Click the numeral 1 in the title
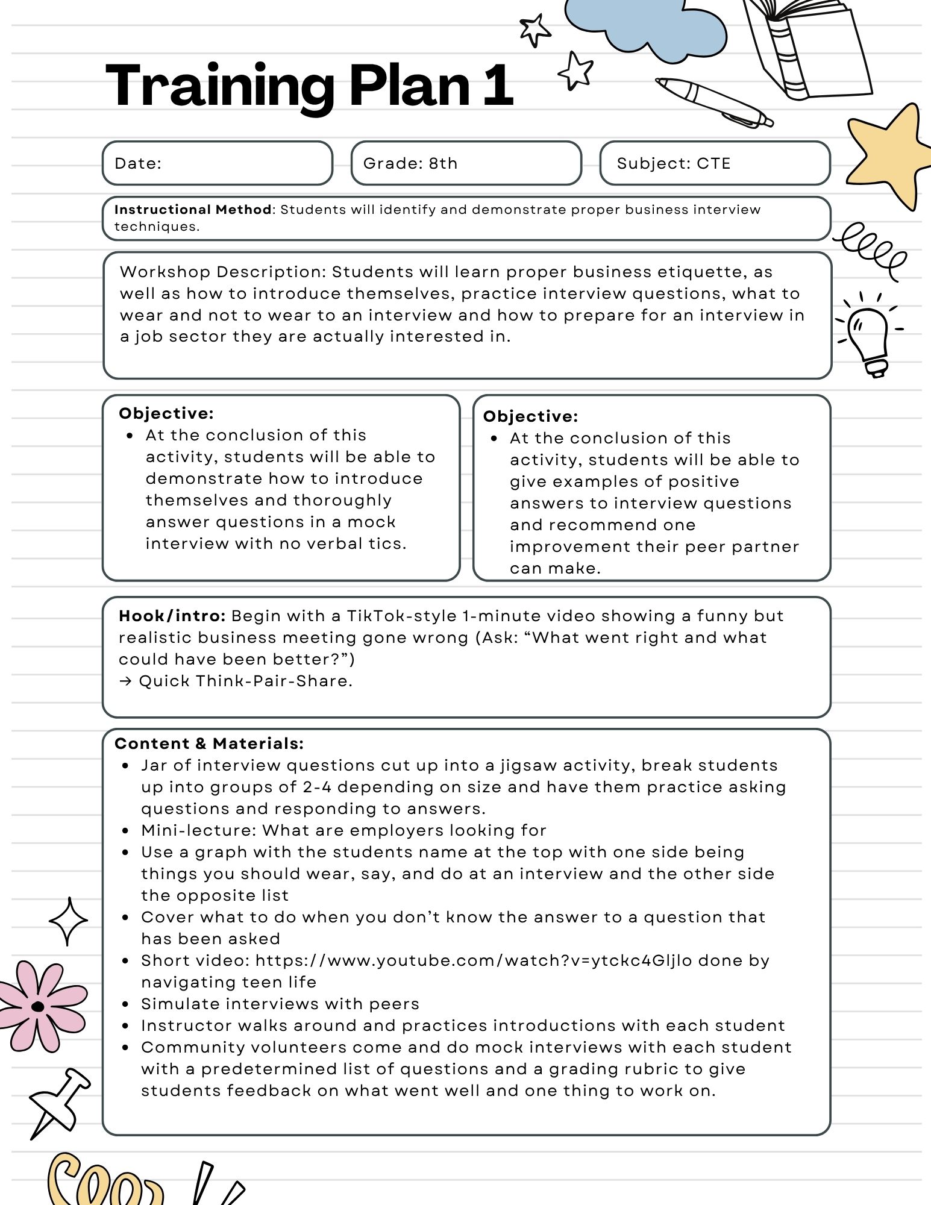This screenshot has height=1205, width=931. coord(498,86)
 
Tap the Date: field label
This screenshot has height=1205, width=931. coord(138,163)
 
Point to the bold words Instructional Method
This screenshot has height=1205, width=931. coord(193,210)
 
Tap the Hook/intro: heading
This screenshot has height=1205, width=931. coord(172,616)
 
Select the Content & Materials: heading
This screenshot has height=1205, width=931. coord(209,743)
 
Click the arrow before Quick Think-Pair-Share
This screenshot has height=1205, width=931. coord(125,681)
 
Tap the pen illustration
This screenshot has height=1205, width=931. coord(714,102)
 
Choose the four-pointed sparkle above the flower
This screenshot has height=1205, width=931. coord(68,921)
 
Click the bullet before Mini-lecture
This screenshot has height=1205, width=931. coord(125,830)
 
